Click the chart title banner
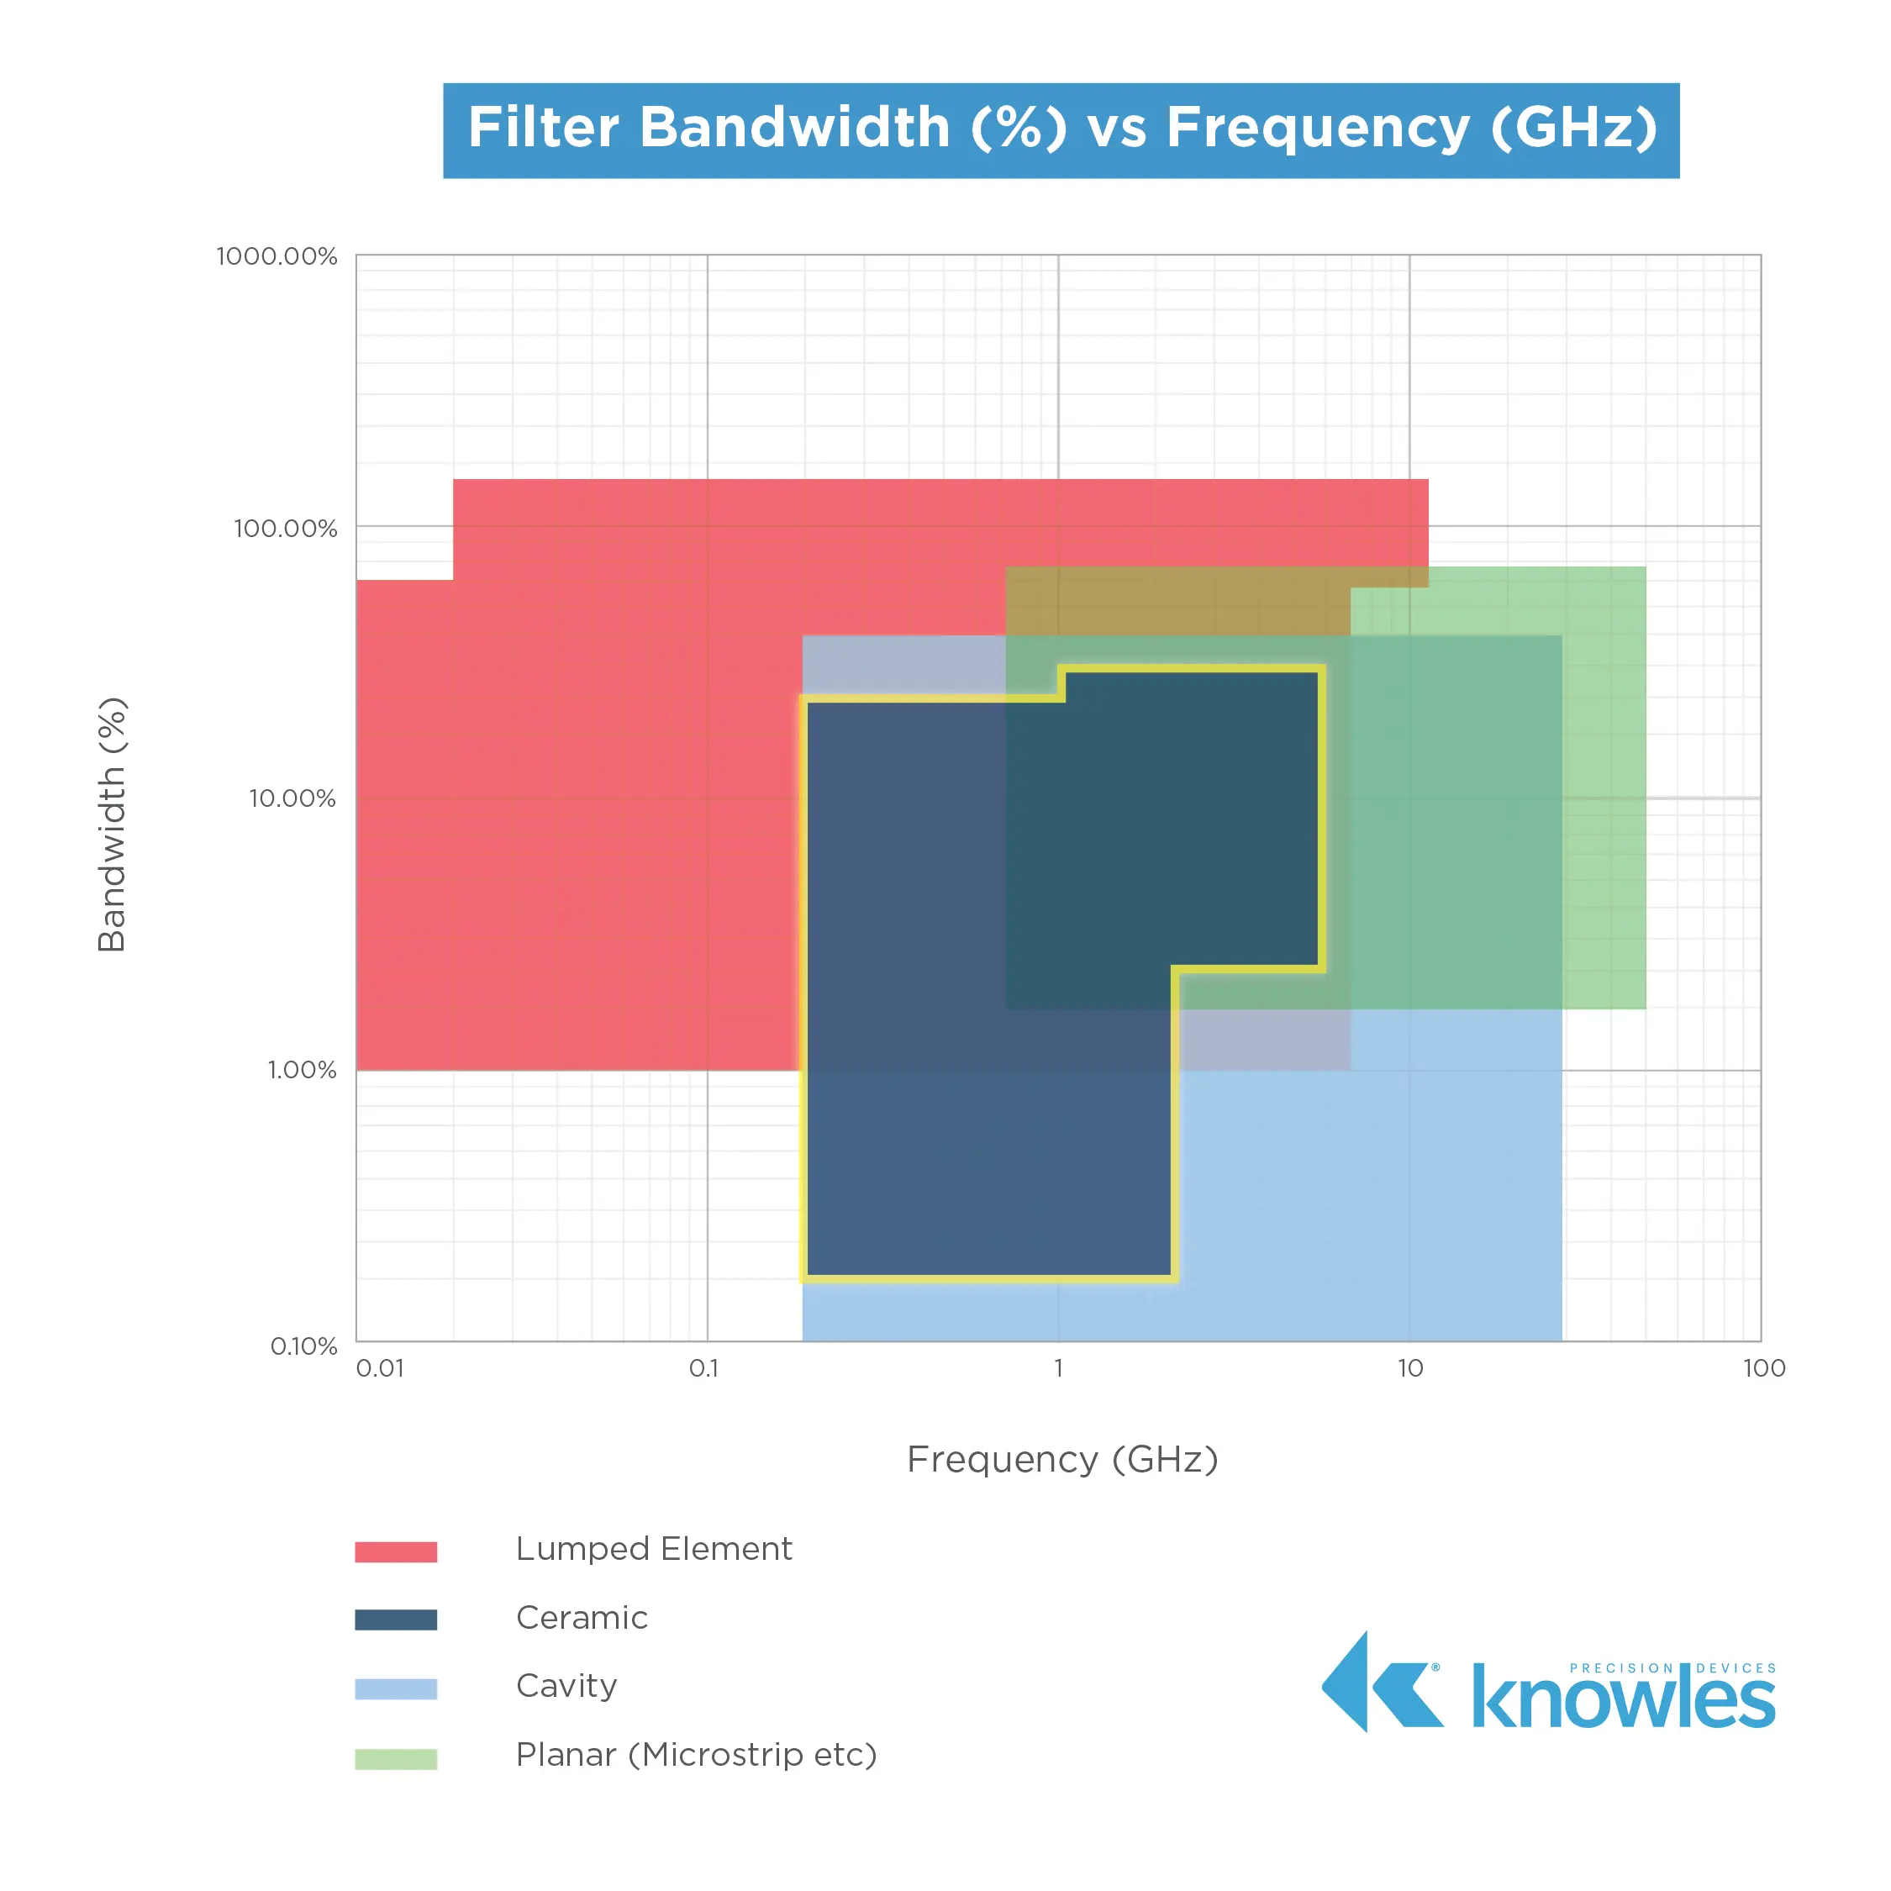tap(1061, 130)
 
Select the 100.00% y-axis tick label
tap(285, 529)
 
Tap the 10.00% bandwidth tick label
tap(292, 798)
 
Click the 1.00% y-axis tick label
tap(302, 1070)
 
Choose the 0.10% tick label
tap(303, 1346)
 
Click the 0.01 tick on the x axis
tap(380, 1368)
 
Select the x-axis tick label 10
tap(1409, 1368)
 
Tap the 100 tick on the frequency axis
tap(1764, 1368)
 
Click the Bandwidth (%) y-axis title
tap(113, 824)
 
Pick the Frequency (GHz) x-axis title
tap(1062, 1459)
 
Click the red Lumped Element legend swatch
tap(395, 1551)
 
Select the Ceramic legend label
tap(582, 1618)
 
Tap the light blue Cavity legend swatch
tap(395, 1688)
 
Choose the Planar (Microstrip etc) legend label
tap(696, 1755)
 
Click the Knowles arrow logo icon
tap(1381, 1682)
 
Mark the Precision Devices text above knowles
tap(1672, 1667)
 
